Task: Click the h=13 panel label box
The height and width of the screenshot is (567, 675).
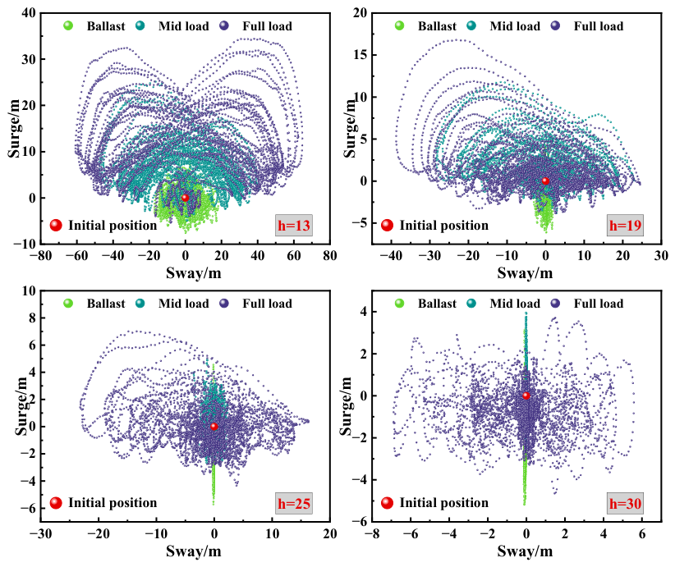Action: pos(294,225)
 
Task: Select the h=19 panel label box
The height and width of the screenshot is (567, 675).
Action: pos(625,225)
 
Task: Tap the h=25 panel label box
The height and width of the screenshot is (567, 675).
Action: pos(294,503)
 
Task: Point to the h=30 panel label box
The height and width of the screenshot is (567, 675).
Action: pos(625,503)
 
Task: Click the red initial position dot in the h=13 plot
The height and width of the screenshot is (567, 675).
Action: pos(185,198)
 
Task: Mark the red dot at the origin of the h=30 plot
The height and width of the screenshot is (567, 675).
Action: pos(526,396)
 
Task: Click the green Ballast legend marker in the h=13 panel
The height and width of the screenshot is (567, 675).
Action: pos(68,25)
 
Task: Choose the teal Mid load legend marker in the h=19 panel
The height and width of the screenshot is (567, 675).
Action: pos(471,25)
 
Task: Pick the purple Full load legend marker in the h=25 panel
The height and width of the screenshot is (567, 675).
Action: pos(224,304)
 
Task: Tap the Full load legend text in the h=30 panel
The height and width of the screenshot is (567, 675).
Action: pos(599,304)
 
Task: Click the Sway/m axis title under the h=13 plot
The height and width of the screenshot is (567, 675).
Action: pos(194,272)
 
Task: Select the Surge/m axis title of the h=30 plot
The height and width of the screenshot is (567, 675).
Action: pos(347,406)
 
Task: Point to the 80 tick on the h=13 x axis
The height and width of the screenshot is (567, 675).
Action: pos(330,256)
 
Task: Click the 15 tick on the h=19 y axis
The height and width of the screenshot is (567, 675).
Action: pos(360,55)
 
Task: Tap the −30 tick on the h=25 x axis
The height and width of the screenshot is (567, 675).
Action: pos(40,534)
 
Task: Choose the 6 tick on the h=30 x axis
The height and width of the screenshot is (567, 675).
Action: pos(642,534)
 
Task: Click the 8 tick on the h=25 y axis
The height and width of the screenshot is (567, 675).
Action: pos(31,318)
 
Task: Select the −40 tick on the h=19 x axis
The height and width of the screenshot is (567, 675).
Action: pos(392,256)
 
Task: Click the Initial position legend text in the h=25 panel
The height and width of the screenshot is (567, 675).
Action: pos(112,503)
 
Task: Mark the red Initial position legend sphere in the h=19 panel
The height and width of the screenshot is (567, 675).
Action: pos(387,225)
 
